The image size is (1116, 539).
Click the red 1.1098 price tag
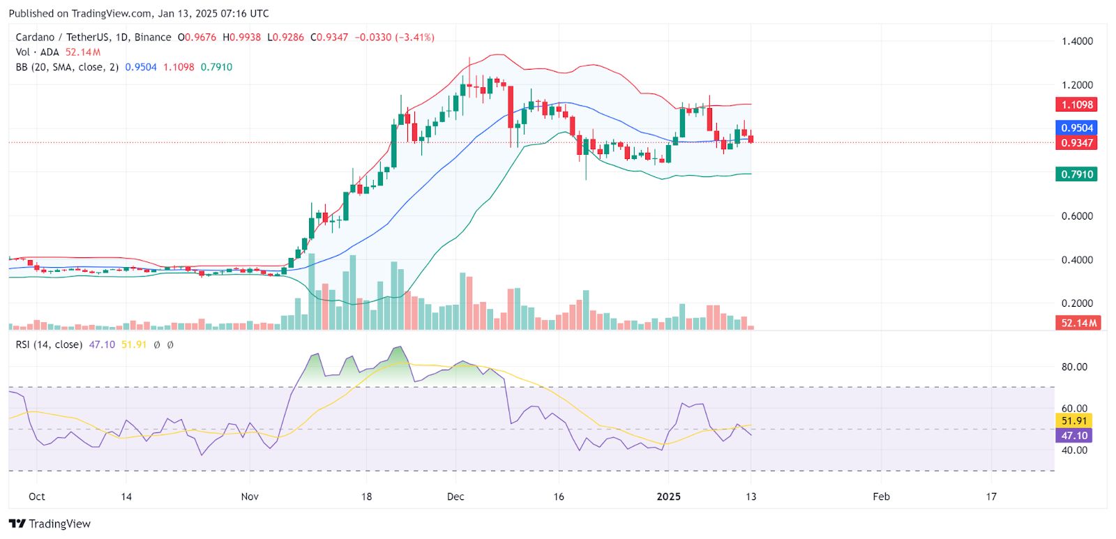pyautogui.click(x=1077, y=105)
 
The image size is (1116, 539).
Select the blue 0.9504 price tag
pyautogui.click(x=1077, y=128)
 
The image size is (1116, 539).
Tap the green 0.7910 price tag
pyautogui.click(x=1076, y=174)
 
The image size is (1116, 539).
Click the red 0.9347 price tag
pyautogui.click(x=1077, y=143)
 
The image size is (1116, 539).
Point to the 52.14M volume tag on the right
pyautogui.click(x=1078, y=323)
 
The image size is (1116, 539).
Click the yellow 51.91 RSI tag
pyautogui.click(x=1074, y=420)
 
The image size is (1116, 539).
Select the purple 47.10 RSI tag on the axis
pyautogui.click(x=1074, y=436)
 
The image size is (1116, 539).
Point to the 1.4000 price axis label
pyautogui.click(x=1077, y=41)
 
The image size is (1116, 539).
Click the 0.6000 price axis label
pyautogui.click(x=1077, y=216)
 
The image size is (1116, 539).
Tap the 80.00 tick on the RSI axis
pyautogui.click(x=1074, y=367)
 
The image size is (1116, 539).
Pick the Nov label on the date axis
pyautogui.click(x=250, y=496)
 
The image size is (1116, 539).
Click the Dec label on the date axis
pyautogui.click(x=455, y=496)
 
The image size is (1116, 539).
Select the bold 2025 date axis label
pyautogui.click(x=669, y=496)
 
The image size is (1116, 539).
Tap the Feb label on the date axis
pyautogui.click(x=881, y=496)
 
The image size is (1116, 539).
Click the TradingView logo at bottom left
pyautogui.click(x=50, y=524)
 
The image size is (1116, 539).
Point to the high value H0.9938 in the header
pyautogui.click(x=241, y=37)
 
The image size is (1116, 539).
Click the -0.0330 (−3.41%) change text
pyautogui.click(x=394, y=37)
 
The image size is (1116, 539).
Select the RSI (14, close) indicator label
pyautogui.click(x=49, y=344)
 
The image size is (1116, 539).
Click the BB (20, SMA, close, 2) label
pyautogui.click(x=67, y=67)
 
